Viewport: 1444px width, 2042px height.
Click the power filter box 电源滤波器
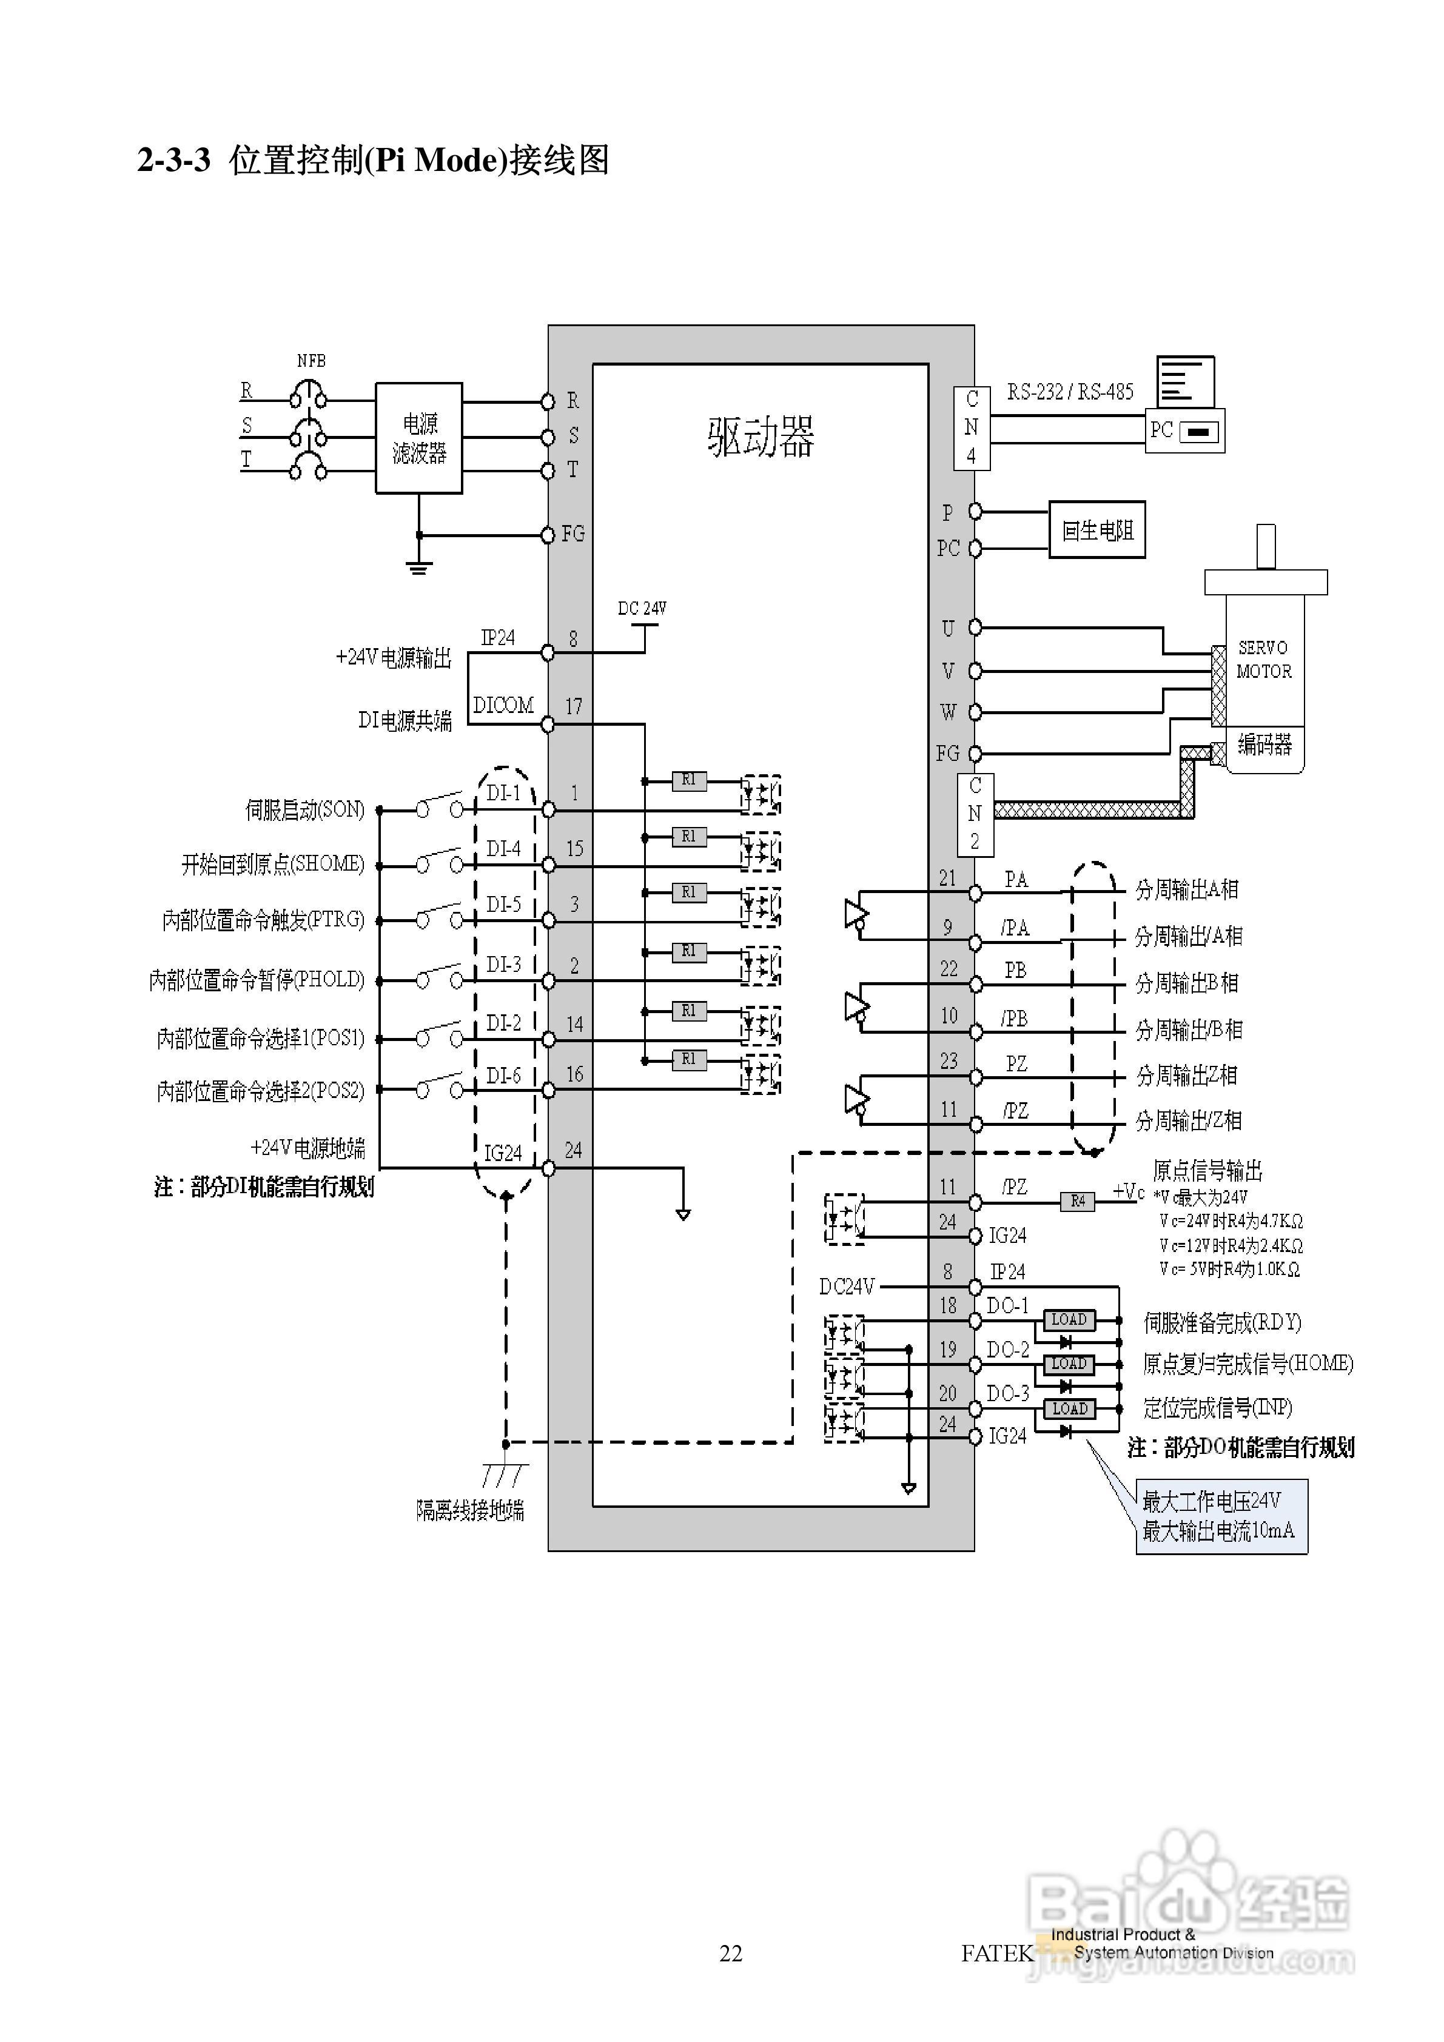click(418, 438)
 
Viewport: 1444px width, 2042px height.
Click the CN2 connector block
click(975, 814)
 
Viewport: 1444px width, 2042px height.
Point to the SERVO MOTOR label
click(1263, 659)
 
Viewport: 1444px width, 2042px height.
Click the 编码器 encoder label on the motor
click(1263, 743)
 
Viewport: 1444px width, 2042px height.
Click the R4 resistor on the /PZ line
click(1078, 1202)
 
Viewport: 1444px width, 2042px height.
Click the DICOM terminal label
click(503, 705)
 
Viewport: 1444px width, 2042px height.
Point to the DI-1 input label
click(503, 792)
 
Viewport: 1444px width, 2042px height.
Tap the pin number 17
click(574, 706)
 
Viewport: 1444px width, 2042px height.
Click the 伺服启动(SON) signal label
click(304, 809)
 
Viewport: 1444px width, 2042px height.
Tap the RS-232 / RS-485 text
click(1069, 391)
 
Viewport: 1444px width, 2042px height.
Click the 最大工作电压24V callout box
click(1221, 1516)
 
